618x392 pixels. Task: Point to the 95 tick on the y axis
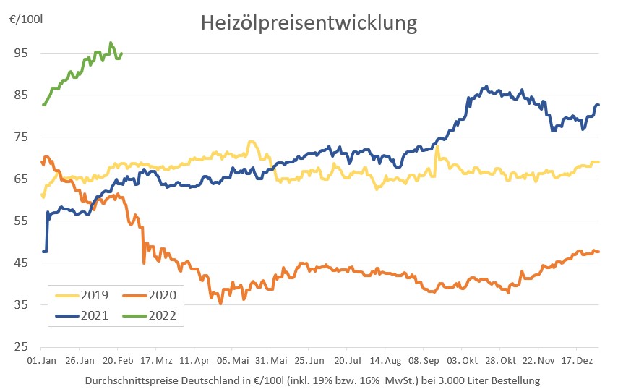coord(21,53)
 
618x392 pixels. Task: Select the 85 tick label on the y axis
coord(21,95)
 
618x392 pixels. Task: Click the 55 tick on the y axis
coord(21,221)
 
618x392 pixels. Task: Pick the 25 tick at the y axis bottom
coord(21,346)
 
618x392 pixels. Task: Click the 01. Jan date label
coord(41,359)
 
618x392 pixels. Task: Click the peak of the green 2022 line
coord(111,43)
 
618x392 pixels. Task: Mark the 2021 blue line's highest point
coord(486,87)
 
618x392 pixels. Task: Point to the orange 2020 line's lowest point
coord(220,303)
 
